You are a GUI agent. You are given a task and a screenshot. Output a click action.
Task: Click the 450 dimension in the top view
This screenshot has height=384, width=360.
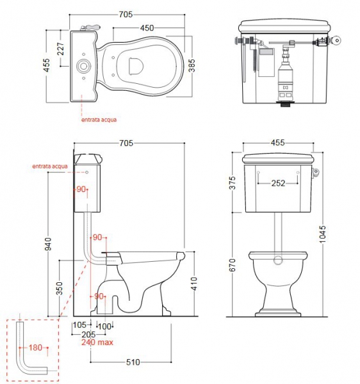(147, 28)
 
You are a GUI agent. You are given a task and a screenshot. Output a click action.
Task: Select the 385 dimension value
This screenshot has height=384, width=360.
(192, 66)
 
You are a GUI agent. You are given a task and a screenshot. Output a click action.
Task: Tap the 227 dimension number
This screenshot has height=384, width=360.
(60, 49)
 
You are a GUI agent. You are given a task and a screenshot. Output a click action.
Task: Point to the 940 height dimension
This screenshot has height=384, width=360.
(48, 244)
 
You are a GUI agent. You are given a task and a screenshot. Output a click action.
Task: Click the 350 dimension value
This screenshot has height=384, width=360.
(60, 288)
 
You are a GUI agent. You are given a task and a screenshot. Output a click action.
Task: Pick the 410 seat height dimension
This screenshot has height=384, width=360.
(193, 284)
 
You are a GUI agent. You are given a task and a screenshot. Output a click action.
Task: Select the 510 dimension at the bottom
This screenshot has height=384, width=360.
(133, 362)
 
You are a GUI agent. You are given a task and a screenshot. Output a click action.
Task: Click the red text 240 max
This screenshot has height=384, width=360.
(97, 342)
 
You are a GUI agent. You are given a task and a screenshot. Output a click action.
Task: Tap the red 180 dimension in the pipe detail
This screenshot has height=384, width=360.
(35, 348)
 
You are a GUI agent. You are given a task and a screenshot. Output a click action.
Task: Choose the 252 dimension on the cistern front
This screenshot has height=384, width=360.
(278, 183)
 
